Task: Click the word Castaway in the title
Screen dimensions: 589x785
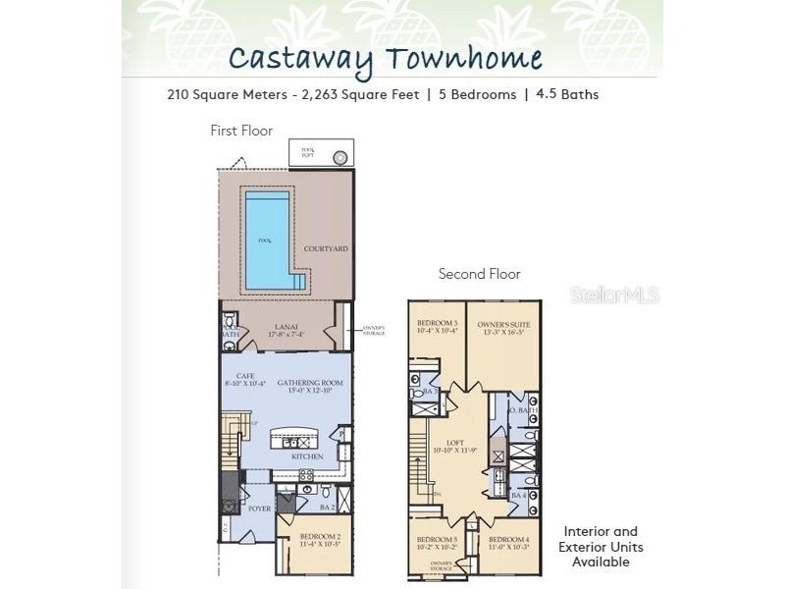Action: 301,58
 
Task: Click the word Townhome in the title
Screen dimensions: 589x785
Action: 463,58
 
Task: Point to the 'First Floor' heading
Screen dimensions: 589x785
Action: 241,131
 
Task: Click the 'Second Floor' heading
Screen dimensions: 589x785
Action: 479,274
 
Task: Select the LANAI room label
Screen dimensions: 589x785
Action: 286,328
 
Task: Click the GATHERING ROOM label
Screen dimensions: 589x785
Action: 303,383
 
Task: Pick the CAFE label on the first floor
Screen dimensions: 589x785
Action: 232,376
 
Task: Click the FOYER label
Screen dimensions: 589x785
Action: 259,509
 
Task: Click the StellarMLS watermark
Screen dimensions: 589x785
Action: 621,294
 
